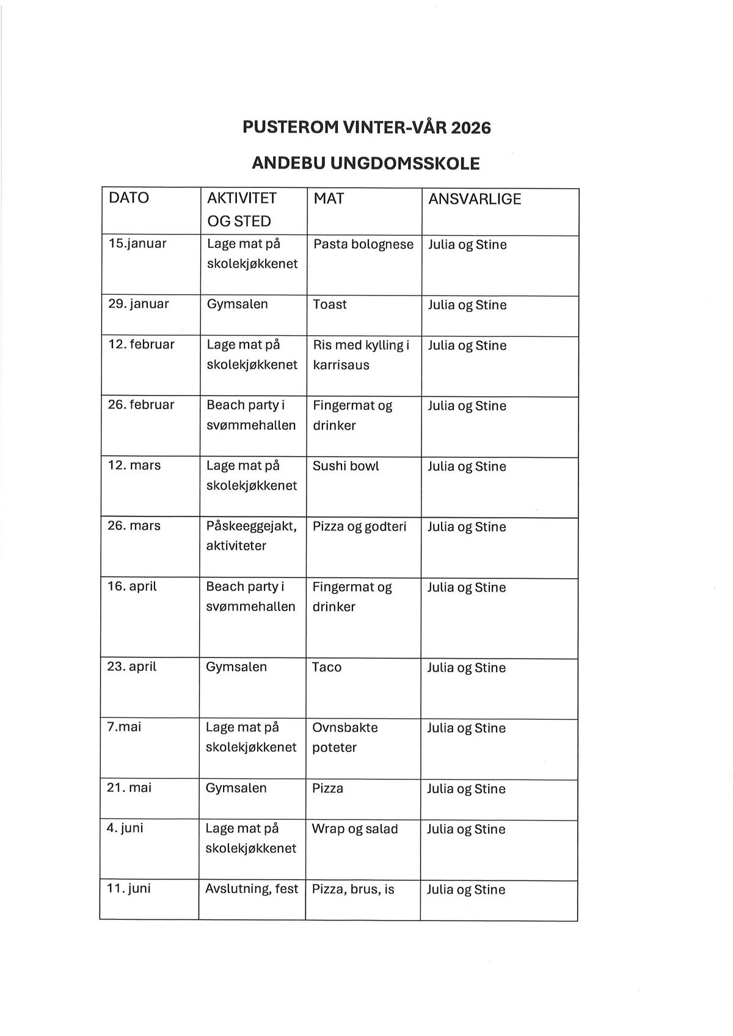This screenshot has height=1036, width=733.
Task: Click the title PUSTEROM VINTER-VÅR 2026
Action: point(366,127)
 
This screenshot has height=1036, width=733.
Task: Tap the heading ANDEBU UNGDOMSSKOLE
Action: point(366,163)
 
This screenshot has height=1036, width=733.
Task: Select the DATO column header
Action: point(129,198)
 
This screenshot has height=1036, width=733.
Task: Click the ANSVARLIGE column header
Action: point(475,199)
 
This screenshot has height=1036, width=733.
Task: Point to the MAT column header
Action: point(329,198)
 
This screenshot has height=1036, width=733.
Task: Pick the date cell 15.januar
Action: point(137,244)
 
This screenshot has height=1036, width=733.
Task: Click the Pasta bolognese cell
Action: point(363,244)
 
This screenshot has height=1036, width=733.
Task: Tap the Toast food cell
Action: point(330,304)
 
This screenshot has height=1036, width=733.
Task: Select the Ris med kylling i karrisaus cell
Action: point(360,355)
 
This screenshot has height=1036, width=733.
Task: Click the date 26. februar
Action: point(141,405)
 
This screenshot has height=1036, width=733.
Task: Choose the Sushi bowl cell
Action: point(346,466)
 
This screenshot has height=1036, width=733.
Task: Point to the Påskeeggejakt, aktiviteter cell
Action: point(251,535)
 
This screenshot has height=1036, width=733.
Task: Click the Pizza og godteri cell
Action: point(359,526)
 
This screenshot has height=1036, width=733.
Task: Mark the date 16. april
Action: point(132,586)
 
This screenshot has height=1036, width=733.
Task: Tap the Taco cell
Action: point(327,667)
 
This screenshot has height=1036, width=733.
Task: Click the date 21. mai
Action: point(129,788)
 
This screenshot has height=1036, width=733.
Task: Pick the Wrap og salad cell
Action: point(355,829)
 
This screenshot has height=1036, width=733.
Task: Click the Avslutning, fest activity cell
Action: point(252,889)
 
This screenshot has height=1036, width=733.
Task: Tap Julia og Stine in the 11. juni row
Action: point(466,889)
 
